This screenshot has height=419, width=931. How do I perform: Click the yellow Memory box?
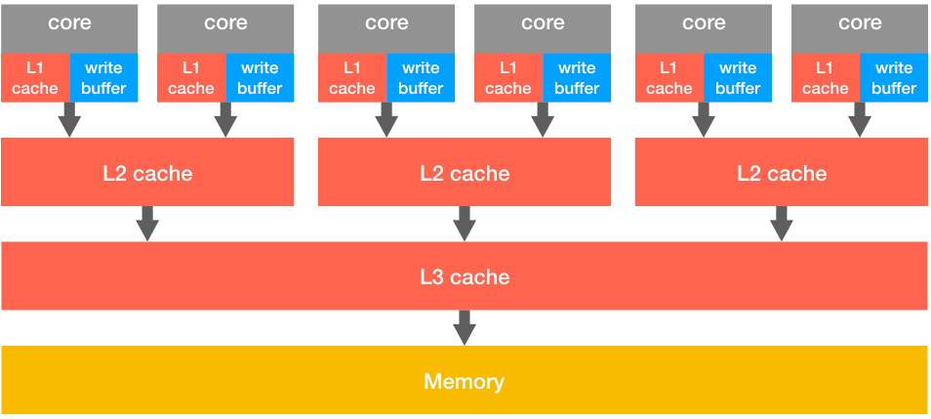point(465,380)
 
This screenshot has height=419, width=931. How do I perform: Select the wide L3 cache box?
point(465,276)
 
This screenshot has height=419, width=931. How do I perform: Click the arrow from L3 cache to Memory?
point(465,327)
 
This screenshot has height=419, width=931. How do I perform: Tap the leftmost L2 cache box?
point(147,172)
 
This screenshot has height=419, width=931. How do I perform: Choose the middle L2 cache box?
point(465,172)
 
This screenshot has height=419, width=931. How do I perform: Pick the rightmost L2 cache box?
point(781,172)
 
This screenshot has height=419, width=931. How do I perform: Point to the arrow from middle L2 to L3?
point(465,223)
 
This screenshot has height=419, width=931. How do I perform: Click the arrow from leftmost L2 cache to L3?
point(147,223)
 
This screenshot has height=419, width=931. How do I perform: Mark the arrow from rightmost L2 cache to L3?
point(781,223)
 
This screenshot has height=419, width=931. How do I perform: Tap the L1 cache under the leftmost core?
point(35,77)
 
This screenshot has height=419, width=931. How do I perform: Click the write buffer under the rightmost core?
point(893,77)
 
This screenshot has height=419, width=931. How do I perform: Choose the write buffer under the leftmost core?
point(103,77)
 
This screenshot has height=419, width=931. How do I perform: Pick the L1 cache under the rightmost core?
point(825,77)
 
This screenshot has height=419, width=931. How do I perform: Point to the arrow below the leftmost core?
point(69,119)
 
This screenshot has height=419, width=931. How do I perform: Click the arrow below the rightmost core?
point(859,119)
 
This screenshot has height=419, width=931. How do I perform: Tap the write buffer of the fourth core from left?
point(576,77)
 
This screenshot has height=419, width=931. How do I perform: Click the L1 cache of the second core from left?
point(191,77)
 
